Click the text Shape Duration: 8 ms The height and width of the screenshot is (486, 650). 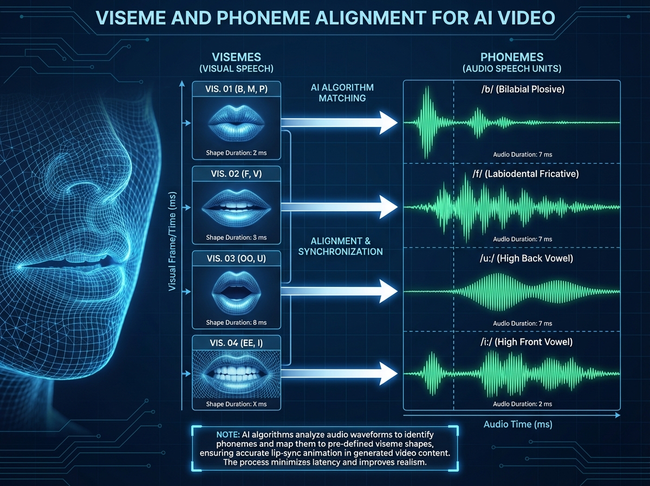click(x=236, y=323)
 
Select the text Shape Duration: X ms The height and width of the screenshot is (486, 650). click(x=236, y=405)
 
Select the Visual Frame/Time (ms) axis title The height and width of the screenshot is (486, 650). click(x=173, y=241)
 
